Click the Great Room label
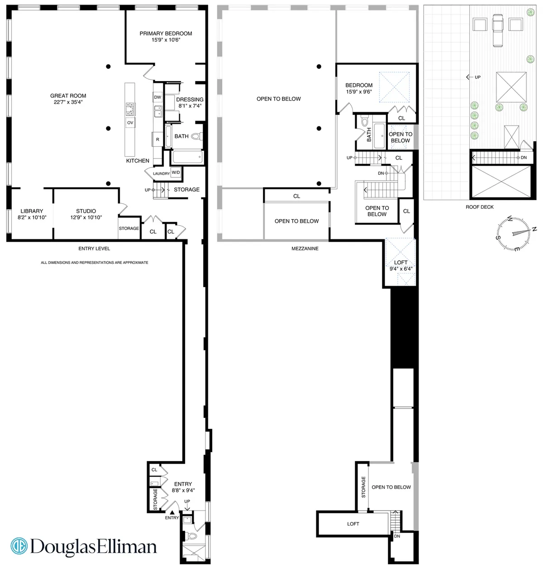[x=68, y=96]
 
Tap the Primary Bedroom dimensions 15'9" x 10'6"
[x=166, y=40]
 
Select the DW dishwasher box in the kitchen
[x=157, y=97]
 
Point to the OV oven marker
[x=130, y=123]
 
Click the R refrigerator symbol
[x=157, y=139]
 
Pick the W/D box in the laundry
[x=176, y=172]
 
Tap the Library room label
[x=32, y=211]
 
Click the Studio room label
[x=86, y=211]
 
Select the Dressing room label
[x=190, y=100]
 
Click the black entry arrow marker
[x=172, y=512]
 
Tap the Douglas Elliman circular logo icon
[x=19, y=546]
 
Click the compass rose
[x=515, y=233]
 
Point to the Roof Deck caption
[x=480, y=207]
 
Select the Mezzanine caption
[x=305, y=249]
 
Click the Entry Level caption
[x=94, y=249]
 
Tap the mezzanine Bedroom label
[x=359, y=85]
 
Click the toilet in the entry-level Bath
[x=196, y=136]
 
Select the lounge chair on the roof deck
[x=498, y=30]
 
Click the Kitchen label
[x=138, y=161]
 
